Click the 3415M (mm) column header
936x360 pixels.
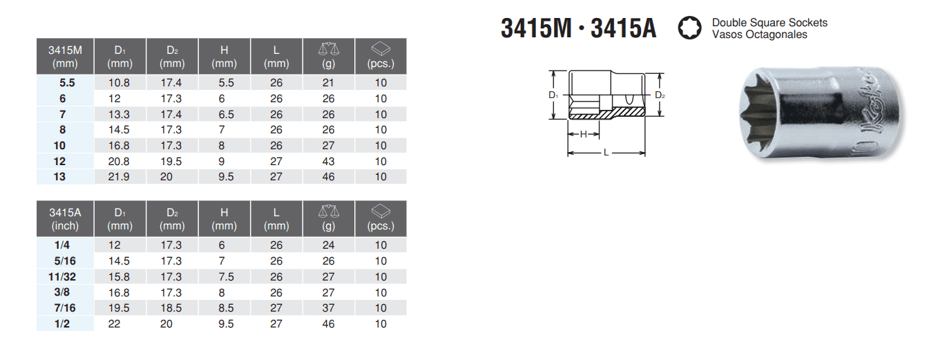(x=65, y=57)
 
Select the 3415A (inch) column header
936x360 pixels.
(x=65, y=219)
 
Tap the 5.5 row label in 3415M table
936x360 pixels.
(x=67, y=83)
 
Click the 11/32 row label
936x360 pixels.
(x=62, y=277)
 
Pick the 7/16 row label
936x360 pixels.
(x=65, y=308)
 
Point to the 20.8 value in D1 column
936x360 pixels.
(x=119, y=162)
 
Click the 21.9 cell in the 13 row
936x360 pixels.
(x=119, y=177)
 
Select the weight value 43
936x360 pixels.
(x=328, y=162)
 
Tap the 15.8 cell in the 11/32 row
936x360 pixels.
(x=119, y=277)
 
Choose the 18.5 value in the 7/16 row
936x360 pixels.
(x=171, y=308)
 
